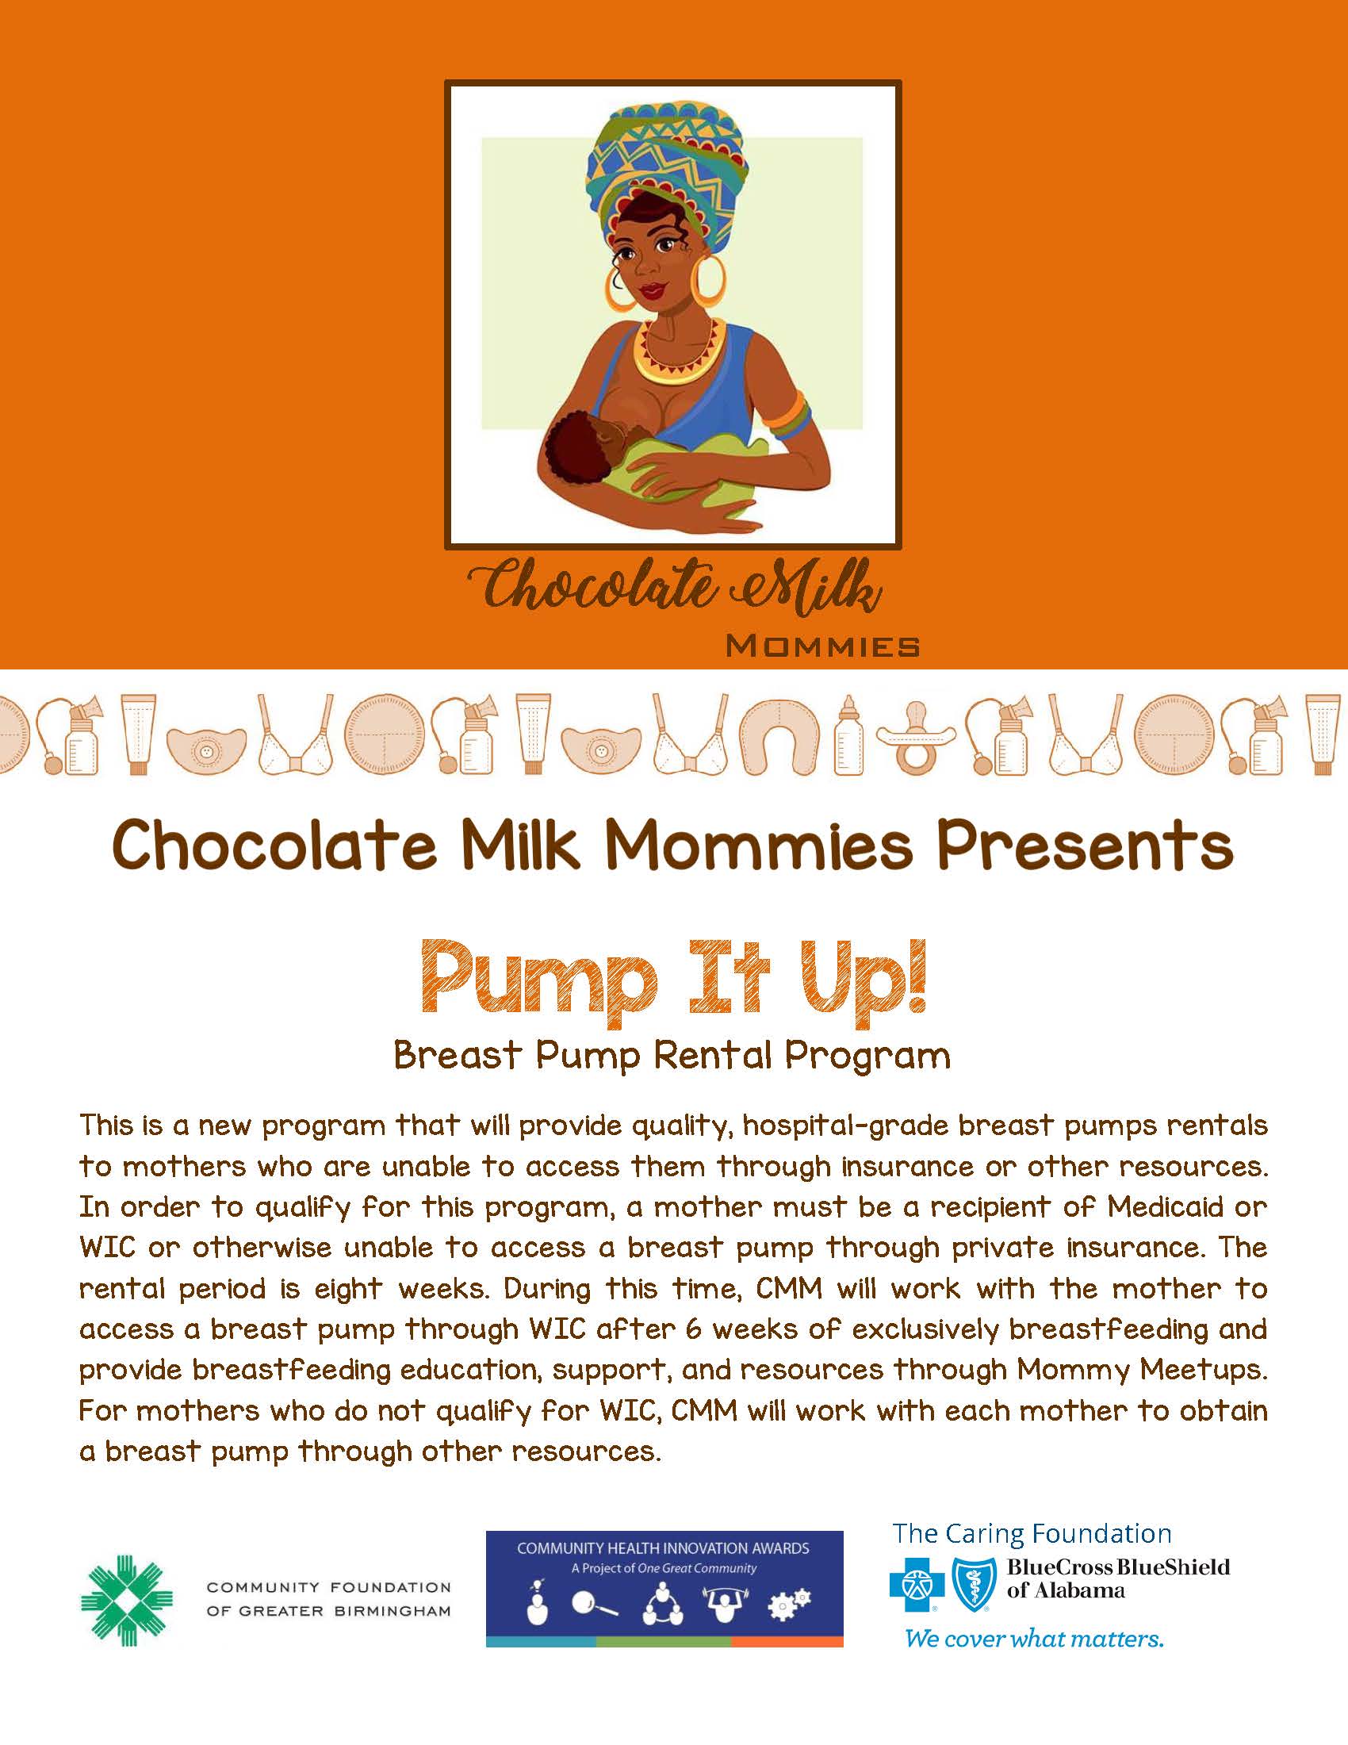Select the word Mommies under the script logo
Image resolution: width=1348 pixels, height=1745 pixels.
(822, 646)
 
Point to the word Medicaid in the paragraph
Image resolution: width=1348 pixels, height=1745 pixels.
(1165, 1206)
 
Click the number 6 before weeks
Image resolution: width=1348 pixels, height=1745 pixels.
(694, 1329)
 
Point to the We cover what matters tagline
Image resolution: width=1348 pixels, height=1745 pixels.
(1034, 1640)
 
